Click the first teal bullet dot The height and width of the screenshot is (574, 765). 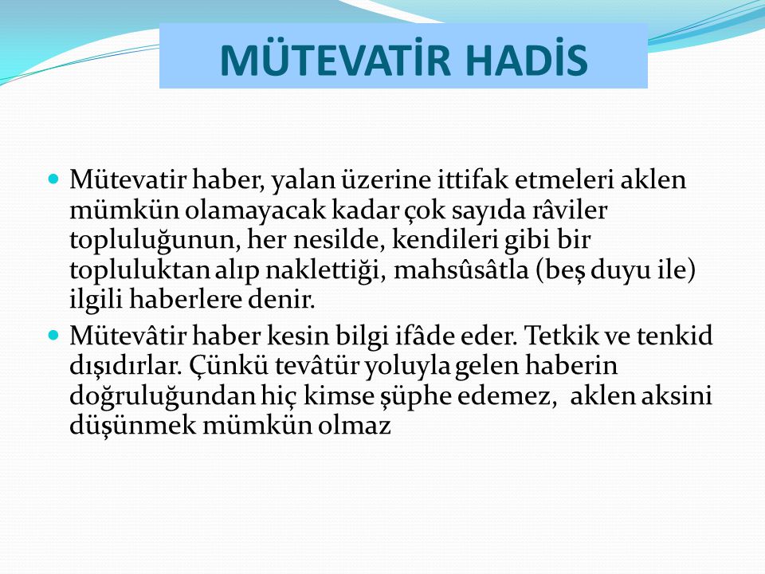click(53, 178)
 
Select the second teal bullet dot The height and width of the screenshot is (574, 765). click(53, 336)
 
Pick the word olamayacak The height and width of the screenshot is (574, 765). click(255, 210)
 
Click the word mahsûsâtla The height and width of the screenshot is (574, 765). click(461, 269)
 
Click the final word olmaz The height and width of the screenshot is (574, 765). click(355, 425)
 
